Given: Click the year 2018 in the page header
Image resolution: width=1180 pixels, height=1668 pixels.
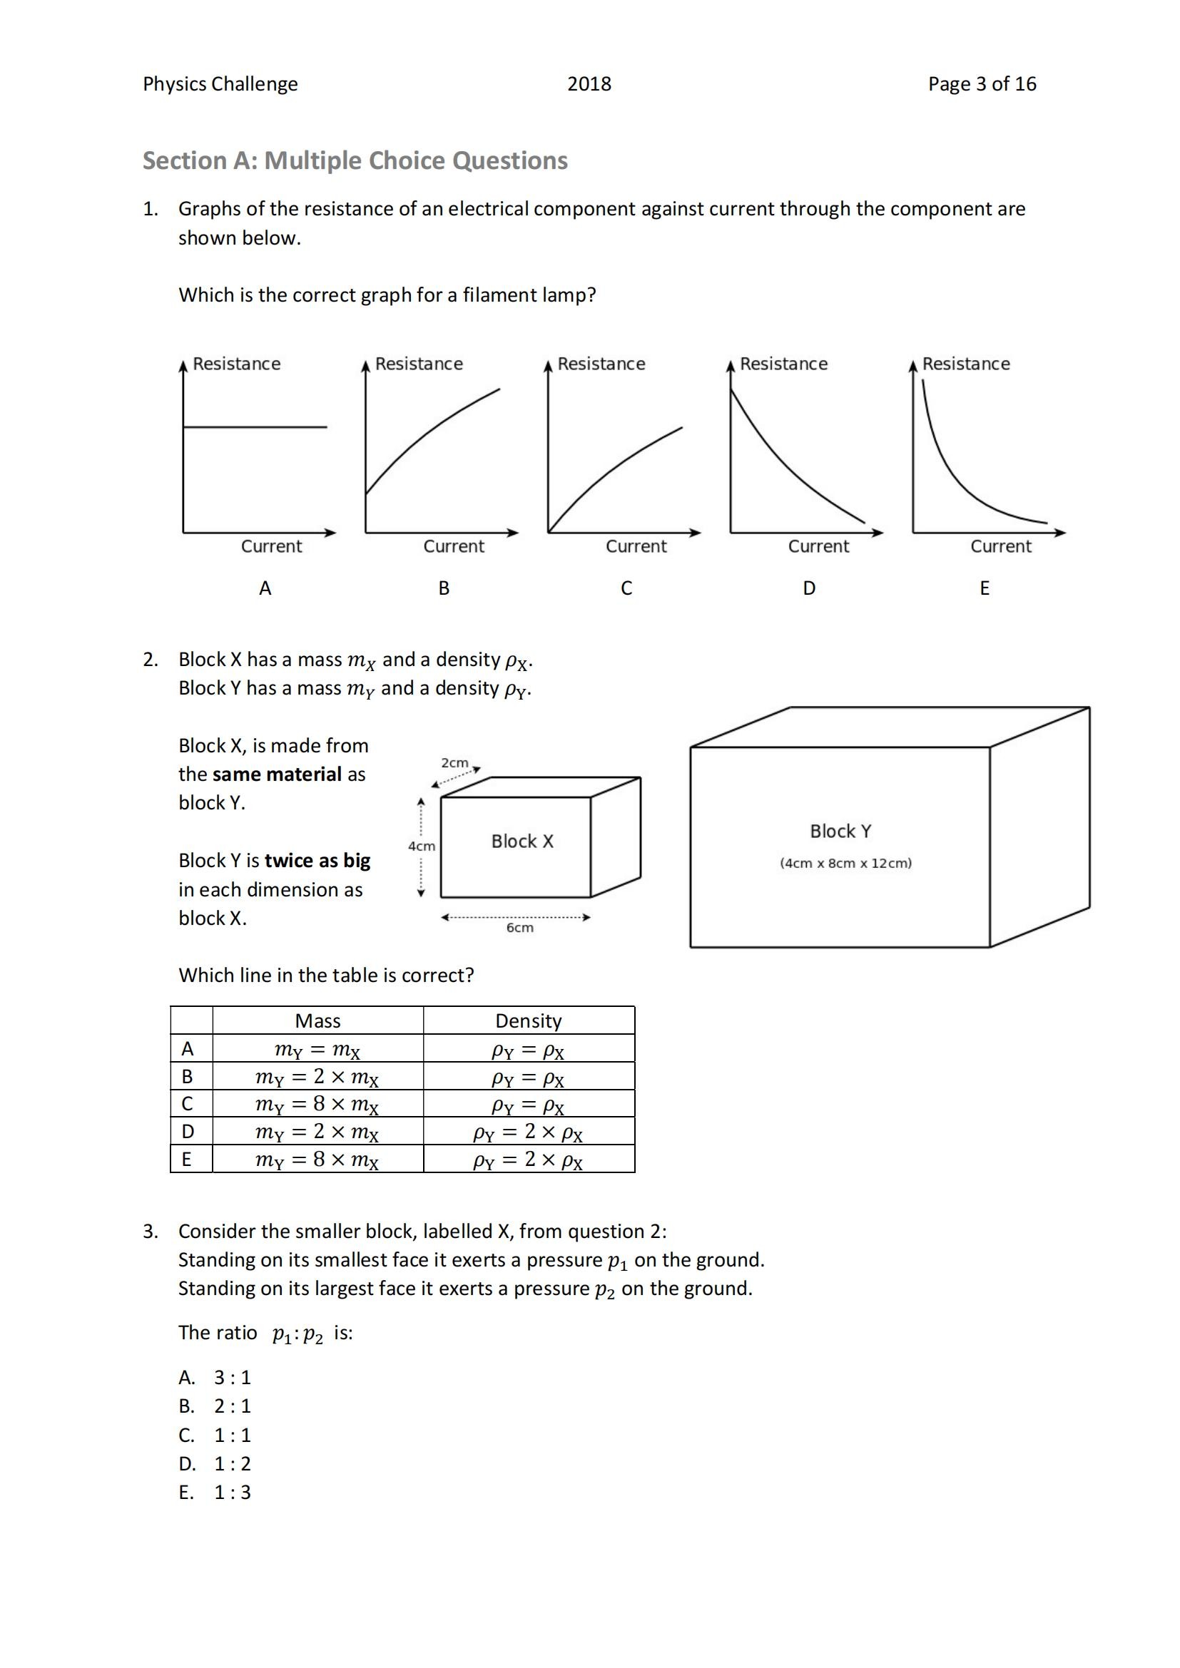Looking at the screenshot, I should tap(589, 84).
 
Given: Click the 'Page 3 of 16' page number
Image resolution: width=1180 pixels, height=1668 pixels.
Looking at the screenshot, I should tap(982, 84).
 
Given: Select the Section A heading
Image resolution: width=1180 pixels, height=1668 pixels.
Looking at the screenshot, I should tap(355, 160).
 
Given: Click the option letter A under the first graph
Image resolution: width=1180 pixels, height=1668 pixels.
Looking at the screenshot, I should tap(265, 588).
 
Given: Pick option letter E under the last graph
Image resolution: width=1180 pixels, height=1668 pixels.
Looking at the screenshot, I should tap(985, 588).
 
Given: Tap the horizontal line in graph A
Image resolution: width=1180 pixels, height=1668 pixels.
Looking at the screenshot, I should tap(254, 427).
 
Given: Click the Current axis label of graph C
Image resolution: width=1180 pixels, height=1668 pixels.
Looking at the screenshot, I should tap(636, 546).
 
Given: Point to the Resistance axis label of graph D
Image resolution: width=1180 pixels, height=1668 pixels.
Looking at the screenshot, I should tap(783, 364).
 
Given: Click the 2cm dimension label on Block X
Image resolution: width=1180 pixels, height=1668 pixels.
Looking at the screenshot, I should tap(455, 763).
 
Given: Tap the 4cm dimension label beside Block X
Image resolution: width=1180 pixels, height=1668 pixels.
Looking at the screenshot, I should tap(422, 846).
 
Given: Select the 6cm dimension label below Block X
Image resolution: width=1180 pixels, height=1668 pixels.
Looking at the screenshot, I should tap(519, 928).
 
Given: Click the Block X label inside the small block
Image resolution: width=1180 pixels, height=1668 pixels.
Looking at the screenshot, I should tap(522, 841).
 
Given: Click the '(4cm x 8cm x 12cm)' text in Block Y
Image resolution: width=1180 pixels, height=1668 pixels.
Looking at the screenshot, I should tap(846, 863).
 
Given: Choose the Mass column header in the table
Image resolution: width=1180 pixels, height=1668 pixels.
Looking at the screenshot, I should tap(317, 1020).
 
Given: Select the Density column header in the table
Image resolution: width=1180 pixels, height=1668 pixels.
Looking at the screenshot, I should tap(528, 1020).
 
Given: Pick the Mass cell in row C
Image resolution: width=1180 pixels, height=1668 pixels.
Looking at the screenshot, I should tap(317, 1104).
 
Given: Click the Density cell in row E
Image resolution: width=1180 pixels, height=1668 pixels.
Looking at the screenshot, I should tap(528, 1160).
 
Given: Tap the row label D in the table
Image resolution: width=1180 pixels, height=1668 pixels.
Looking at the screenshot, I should tap(188, 1132).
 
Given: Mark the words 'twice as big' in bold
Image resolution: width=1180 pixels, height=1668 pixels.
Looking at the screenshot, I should tap(317, 861).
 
